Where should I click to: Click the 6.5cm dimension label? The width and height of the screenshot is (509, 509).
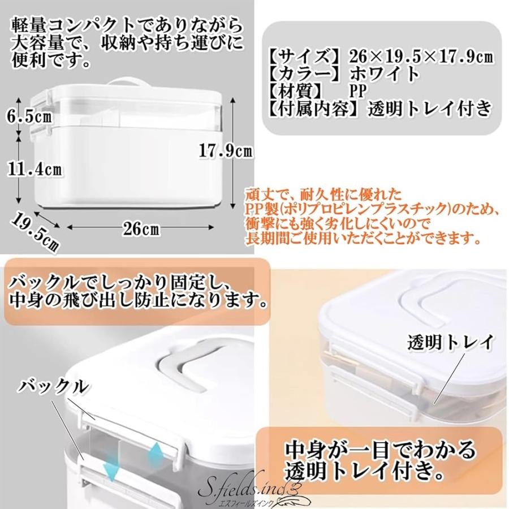click(x=27, y=118)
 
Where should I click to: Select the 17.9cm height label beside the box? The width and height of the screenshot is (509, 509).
click(x=226, y=150)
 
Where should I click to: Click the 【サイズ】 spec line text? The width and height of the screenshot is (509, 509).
click(x=380, y=57)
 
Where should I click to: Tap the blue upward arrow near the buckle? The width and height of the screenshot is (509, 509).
click(x=157, y=452)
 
